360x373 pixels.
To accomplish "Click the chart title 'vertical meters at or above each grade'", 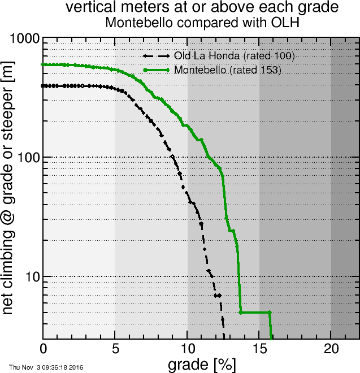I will pyautogui.click(x=202, y=7).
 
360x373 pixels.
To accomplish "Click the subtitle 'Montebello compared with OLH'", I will pyautogui.click(x=202, y=23).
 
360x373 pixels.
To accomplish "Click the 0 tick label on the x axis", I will pyautogui.click(x=44, y=348).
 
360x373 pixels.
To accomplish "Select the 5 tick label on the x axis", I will pyautogui.click(x=115, y=348).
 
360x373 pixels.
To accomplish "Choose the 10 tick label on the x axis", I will pyautogui.click(x=187, y=348).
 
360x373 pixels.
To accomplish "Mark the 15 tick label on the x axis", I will pyautogui.click(x=259, y=348).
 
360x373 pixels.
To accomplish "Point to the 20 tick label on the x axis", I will pyautogui.click(x=331, y=348).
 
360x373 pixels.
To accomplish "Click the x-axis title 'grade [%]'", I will pyautogui.click(x=202, y=364).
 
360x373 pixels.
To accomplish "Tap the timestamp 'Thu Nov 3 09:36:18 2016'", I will pyautogui.click(x=46, y=367).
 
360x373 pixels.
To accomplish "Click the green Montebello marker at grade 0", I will pyautogui.click(x=44, y=65).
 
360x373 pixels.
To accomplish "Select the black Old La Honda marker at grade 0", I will pyautogui.click(x=44, y=86).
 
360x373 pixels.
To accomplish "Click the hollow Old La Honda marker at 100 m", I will pyautogui.click(x=172, y=157).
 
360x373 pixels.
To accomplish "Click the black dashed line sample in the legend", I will pyautogui.click(x=157, y=57).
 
